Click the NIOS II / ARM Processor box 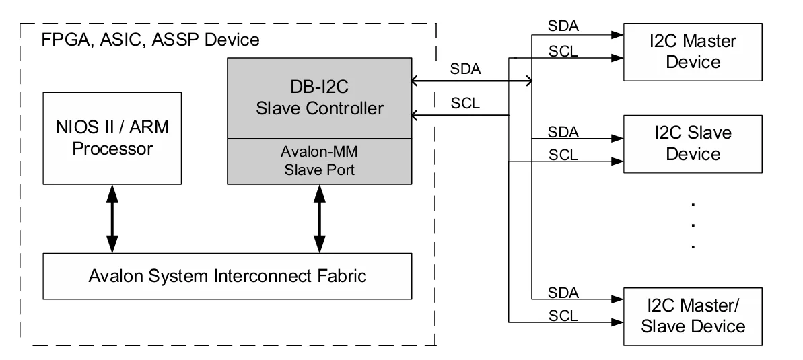(112, 138)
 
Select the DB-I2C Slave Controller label (320, 98)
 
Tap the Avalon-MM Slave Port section (320, 161)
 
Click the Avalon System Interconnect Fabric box (228, 276)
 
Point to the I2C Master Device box (693, 52)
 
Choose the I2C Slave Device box (693, 144)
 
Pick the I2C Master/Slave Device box (693, 316)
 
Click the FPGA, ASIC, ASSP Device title (151, 40)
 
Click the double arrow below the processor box (112, 219)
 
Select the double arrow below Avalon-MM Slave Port (320, 219)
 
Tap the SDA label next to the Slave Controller (466, 69)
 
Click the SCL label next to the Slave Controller (466, 104)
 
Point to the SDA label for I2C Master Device (563, 26)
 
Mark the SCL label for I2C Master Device (563, 51)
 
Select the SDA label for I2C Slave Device (563, 132)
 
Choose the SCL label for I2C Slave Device (563, 155)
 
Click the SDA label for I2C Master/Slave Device (563, 293)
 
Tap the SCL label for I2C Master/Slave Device (563, 316)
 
